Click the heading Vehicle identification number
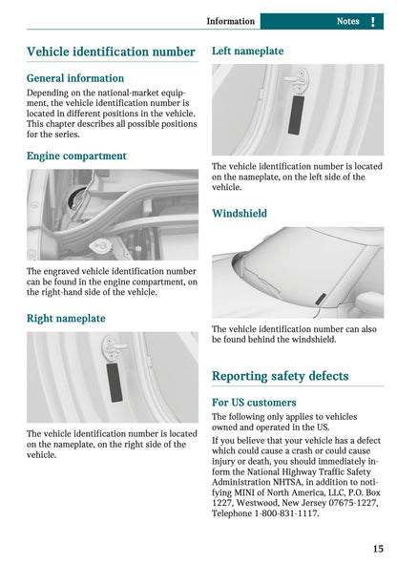coord(111,52)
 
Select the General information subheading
coord(75,78)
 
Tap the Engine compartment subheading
coord(76,156)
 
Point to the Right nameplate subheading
coord(66,318)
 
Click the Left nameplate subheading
coord(247,52)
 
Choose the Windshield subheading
coord(240,214)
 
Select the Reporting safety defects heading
coord(280,376)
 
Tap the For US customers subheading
coord(254,403)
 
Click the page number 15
coord(379,549)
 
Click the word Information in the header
coord(231,21)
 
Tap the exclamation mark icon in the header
coord(372,21)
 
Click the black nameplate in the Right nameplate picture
coord(115,382)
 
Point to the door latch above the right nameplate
coord(114,345)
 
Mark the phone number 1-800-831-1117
coord(286,513)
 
